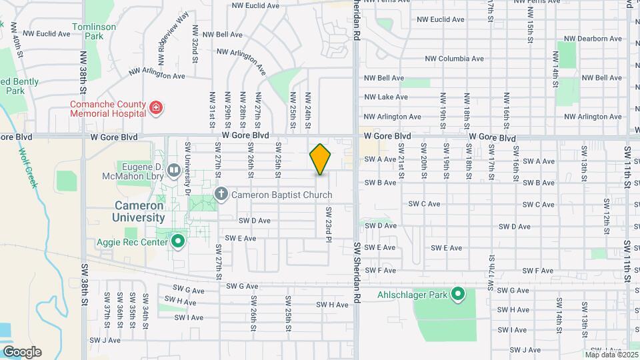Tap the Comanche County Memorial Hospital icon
[x=156, y=108]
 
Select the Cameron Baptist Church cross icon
[x=221, y=195]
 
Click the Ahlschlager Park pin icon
[x=457, y=293]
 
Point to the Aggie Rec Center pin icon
[x=178, y=241]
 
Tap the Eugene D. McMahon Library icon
[x=174, y=171]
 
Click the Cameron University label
[x=129, y=211]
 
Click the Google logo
[x=22, y=352]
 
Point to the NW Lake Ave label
[x=386, y=97]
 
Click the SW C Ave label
[x=425, y=204]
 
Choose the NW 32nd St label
[x=195, y=44]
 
